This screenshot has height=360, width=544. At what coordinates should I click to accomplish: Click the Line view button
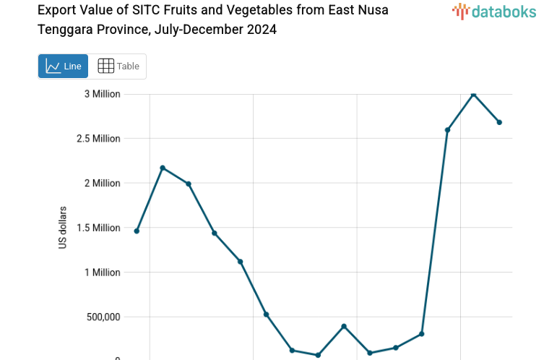(63, 67)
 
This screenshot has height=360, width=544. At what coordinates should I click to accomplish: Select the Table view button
(118, 67)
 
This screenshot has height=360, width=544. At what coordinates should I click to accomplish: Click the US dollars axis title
(63, 228)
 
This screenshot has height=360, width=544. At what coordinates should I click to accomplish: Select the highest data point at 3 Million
(473, 94)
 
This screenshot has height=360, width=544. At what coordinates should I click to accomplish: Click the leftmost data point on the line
(137, 231)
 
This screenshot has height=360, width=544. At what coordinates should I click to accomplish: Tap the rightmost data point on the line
(499, 122)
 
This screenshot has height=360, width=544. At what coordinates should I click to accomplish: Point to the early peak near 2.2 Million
(163, 168)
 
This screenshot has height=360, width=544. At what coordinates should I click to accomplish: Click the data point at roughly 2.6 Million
(447, 130)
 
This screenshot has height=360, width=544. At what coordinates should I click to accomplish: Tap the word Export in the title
(55, 10)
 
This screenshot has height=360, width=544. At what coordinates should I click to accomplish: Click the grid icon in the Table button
(105, 67)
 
